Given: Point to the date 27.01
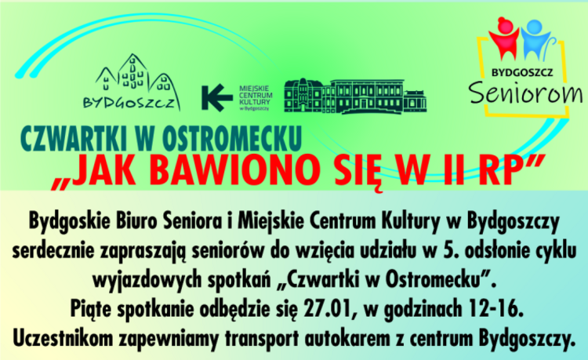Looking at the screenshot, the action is pos(328,309).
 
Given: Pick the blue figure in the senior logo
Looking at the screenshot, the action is pos(535,40).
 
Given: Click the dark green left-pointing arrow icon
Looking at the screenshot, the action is pos(216,98).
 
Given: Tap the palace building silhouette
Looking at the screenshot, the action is pos(354,96).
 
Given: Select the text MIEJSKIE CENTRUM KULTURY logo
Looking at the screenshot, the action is pos(256,98).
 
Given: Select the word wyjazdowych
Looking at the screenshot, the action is pos(146,281).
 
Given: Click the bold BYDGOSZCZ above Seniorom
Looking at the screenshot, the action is pos(522,72).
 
